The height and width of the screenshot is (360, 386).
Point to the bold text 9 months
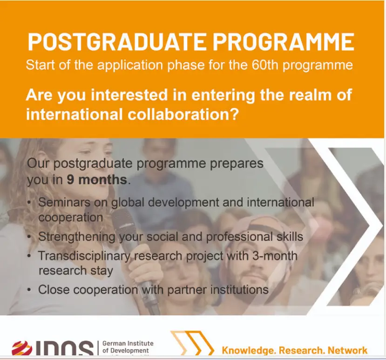pos(96,180)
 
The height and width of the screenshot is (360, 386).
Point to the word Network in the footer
pos(347,350)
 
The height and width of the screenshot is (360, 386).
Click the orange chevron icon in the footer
pos(189,345)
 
